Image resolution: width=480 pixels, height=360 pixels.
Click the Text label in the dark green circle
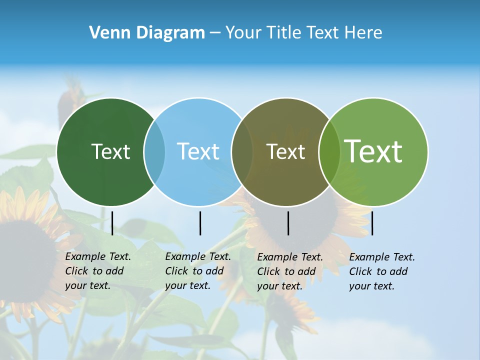pos(110,151)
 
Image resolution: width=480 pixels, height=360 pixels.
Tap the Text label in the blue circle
pos(198,151)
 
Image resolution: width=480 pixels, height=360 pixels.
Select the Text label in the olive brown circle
pos(285,151)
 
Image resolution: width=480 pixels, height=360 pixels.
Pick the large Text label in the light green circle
pos(373,151)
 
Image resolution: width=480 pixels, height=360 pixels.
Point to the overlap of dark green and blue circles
pos(154,152)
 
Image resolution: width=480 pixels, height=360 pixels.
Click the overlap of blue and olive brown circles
pos(242,152)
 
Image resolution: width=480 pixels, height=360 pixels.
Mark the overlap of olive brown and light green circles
pos(329,152)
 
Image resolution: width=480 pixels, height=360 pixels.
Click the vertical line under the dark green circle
pos(112,223)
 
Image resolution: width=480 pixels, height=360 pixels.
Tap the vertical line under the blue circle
pos(200,223)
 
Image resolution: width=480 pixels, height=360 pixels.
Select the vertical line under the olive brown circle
pos(288,223)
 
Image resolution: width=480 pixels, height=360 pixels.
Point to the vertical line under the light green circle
pos(372,223)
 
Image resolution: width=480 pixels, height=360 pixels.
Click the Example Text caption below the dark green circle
pos(97,271)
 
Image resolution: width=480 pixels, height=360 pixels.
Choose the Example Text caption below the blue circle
pos(197,271)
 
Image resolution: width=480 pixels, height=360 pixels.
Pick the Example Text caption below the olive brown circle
pos(289,271)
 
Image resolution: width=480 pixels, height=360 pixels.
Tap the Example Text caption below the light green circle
pos(381,271)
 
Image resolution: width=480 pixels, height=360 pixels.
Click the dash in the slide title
pos(215,33)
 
